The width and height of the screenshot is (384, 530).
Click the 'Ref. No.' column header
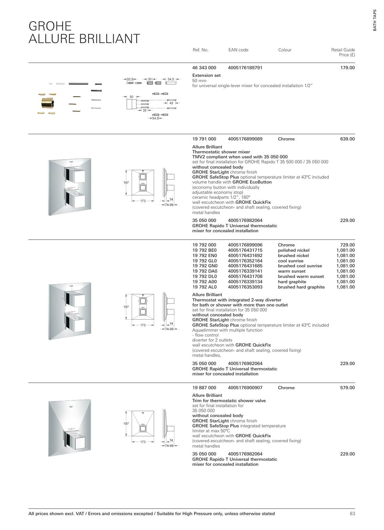coord(200,50)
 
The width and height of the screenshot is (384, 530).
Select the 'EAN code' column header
coord(238,50)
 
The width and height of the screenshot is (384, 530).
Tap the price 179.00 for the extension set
coord(347,68)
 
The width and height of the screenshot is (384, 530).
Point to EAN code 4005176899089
coord(245,139)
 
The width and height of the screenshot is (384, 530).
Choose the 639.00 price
coord(347,139)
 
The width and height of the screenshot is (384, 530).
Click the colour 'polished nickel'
coord(294,250)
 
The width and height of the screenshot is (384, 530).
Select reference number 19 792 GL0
coord(204,261)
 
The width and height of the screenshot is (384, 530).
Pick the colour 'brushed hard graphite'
coord(301,287)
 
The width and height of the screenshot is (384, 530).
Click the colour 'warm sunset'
coord(292,271)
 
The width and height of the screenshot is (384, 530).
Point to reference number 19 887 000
coord(204,388)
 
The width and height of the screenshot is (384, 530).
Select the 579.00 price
coord(347,388)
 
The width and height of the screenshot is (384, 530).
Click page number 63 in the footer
coord(352,514)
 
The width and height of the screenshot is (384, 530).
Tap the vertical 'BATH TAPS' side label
coord(375,20)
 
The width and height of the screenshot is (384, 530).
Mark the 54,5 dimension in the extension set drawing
coord(171,79)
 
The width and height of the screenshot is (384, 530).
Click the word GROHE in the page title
coord(50,26)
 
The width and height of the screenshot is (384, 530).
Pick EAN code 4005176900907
coord(245,388)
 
